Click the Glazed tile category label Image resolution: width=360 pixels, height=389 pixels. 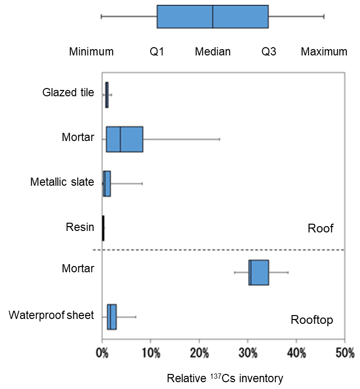tap(68, 92)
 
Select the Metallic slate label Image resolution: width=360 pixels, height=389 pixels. tap(62, 182)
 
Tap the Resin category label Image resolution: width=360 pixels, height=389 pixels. tap(80, 227)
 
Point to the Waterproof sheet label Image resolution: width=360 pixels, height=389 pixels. tap(51, 315)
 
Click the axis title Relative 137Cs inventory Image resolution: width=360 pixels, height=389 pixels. tap(225, 378)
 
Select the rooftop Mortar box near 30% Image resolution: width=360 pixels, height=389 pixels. tap(258, 272)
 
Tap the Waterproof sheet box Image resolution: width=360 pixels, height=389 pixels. tap(112, 317)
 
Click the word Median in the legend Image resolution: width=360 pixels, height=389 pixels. tap(213, 52)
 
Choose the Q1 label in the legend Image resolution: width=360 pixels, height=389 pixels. tap(157, 52)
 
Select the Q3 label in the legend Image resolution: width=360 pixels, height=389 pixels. tap(269, 52)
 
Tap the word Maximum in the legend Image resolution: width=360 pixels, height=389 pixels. tap(324, 52)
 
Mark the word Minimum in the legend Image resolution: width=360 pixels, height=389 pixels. tap(91, 52)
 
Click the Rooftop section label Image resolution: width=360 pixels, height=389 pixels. tap(312, 320)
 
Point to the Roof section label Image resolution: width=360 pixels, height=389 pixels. tap(321, 228)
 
